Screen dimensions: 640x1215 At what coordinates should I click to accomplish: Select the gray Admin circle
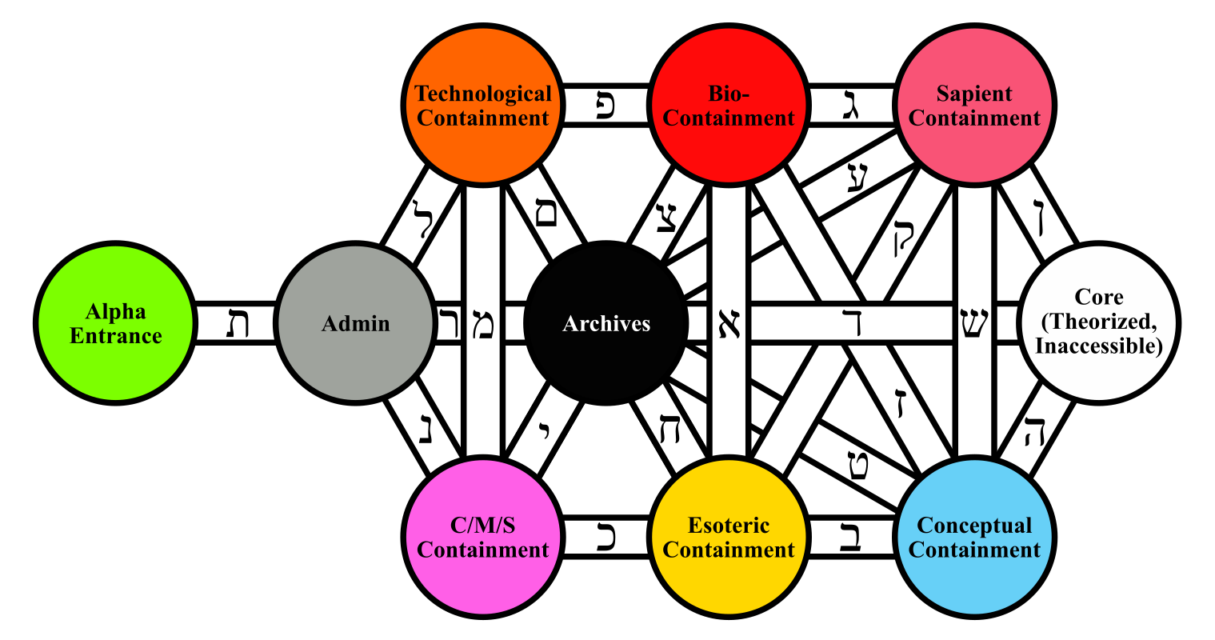coord(355,323)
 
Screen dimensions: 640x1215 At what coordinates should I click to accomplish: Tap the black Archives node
coord(606,323)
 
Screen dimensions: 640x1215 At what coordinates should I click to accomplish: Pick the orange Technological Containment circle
coord(483,106)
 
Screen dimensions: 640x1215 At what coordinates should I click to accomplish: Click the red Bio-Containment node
coord(729,106)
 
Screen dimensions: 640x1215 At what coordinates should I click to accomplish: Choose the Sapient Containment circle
coord(974,106)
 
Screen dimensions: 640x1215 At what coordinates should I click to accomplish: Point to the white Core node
coord(1099,323)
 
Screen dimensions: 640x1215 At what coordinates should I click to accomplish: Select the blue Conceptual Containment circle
coord(974,538)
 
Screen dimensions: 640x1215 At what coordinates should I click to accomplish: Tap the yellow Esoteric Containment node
coord(729,538)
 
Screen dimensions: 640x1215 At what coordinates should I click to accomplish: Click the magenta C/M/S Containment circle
coord(483,538)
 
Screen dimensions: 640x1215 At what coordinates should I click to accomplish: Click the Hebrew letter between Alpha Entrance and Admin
coord(235,324)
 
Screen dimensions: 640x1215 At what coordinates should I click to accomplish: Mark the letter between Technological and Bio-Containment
coord(606,106)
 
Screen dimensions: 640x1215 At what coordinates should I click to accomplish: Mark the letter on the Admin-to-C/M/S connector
coord(425,428)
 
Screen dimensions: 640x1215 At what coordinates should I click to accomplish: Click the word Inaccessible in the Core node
coord(1101,346)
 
